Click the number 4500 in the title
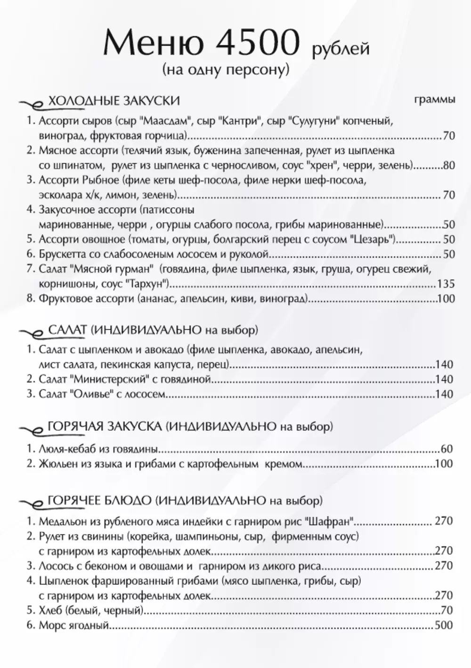coord(257,43)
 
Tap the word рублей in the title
coord(341,49)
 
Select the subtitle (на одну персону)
coord(225,70)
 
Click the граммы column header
coord(435,99)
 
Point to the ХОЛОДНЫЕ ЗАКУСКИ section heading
coord(114,101)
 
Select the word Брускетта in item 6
coord(62,254)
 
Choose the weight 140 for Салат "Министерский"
coord(444,379)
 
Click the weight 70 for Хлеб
coord(447,611)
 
